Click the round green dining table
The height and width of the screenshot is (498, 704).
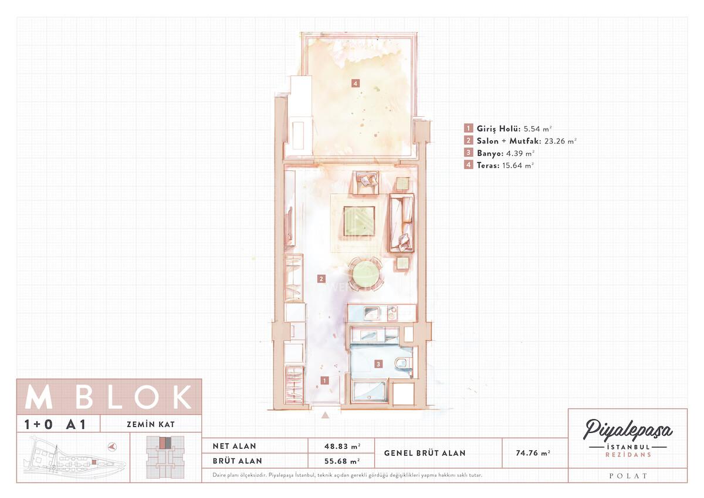coord(366,274)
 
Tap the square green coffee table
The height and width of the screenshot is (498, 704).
coord(359,221)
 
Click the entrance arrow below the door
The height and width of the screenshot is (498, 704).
coord(325,415)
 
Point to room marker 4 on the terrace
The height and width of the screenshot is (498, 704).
coord(355,83)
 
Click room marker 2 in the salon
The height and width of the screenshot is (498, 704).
coord(321,279)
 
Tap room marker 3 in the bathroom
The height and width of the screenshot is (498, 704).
coord(378,364)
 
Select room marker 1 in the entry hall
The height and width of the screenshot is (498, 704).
coord(324,381)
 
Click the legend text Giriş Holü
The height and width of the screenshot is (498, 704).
coord(499,129)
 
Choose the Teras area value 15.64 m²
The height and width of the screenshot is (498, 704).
coord(518,165)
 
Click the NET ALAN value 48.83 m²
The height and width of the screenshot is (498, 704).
coord(342,446)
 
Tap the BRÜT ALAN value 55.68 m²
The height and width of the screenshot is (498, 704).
coord(342,461)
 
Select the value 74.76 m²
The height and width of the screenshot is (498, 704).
coord(533,453)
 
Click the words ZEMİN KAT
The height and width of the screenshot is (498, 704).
coord(151,425)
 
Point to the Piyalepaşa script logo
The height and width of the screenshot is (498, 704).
coord(628,430)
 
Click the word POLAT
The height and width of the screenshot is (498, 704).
coord(628,476)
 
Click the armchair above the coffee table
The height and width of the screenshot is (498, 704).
coord(365,183)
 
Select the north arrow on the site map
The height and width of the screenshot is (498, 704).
coord(112,447)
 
